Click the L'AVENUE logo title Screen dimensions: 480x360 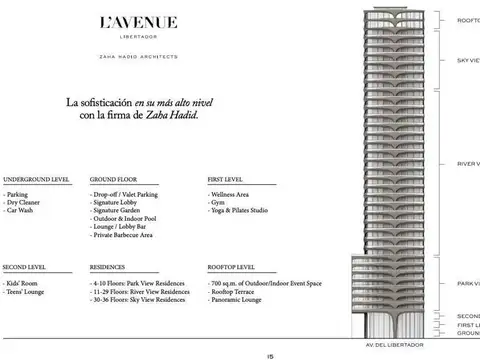tap(141, 22)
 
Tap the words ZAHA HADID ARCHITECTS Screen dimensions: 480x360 tap(141, 57)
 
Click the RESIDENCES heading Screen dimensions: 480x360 tap(108, 268)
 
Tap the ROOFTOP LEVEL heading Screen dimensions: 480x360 tap(231, 268)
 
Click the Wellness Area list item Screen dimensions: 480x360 tap(232, 194)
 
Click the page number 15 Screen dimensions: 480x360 tap(271, 354)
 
